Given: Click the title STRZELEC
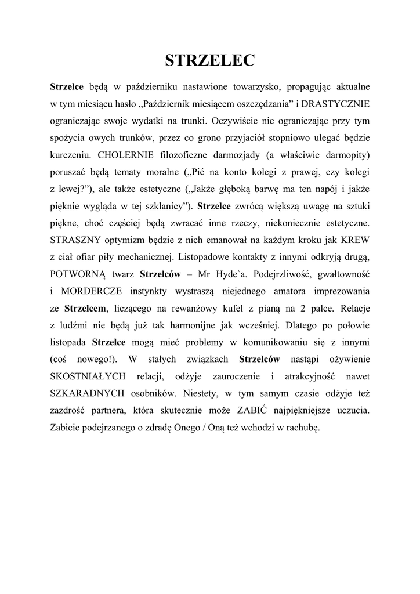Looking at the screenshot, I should point(210,60).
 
